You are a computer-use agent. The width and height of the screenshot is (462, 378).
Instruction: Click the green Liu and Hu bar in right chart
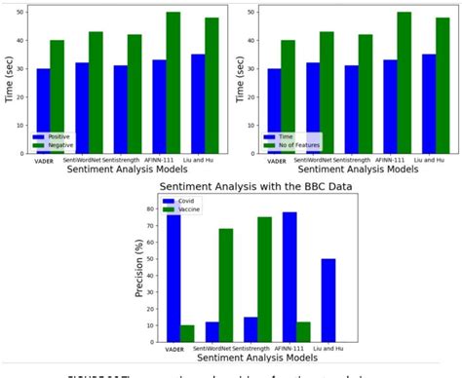pyautogui.click(x=429, y=86)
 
